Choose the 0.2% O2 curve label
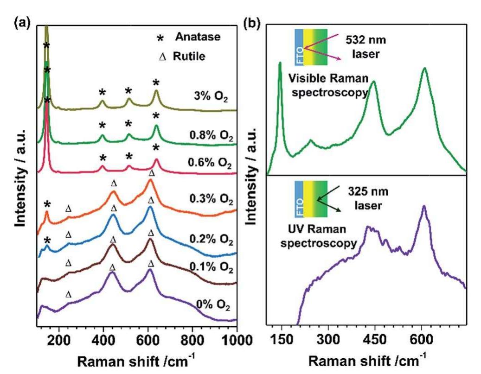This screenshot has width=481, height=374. (x=211, y=240)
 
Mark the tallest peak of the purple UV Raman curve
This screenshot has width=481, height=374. (x=423, y=207)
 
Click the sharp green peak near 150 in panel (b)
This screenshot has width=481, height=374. (x=280, y=63)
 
